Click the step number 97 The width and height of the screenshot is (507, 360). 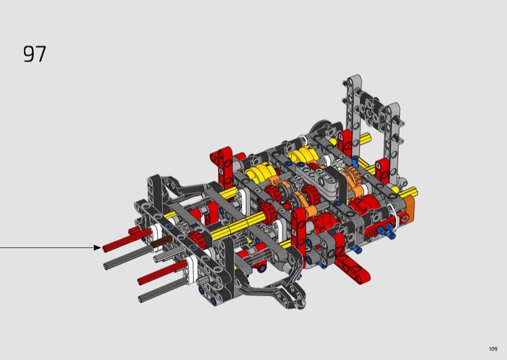pyautogui.click(x=35, y=54)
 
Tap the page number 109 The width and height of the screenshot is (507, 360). pyautogui.click(x=493, y=349)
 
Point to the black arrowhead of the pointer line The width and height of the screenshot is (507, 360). pyautogui.click(x=98, y=247)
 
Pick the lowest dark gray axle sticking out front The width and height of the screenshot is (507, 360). pyautogui.click(x=162, y=290)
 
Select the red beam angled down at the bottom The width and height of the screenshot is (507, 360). pyautogui.click(x=352, y=264)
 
